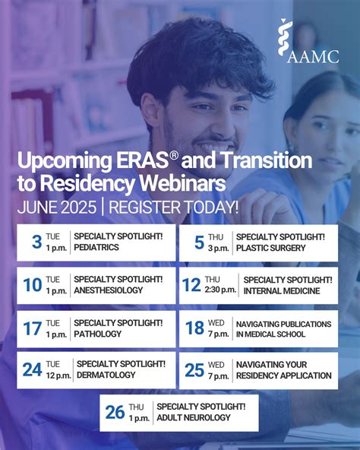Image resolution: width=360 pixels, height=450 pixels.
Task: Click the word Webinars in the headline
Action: pos(194,183)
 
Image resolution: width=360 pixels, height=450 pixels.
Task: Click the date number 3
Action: pos(36,242)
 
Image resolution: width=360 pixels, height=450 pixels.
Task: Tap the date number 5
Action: pos(199,242)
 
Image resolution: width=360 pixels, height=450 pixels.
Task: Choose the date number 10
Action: pos(33,285)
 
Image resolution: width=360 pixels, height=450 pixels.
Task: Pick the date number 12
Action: pos(191,285)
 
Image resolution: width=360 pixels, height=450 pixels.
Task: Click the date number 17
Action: pos(33,328)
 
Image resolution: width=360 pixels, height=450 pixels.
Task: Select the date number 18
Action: pos(195,328)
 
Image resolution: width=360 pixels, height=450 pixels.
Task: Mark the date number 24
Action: pos(32,370)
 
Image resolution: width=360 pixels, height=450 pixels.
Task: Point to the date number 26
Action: pos(115,412)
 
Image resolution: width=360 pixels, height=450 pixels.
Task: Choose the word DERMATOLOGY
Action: pos(106,375)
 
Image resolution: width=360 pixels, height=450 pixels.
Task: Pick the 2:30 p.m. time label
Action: pos(220,290)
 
